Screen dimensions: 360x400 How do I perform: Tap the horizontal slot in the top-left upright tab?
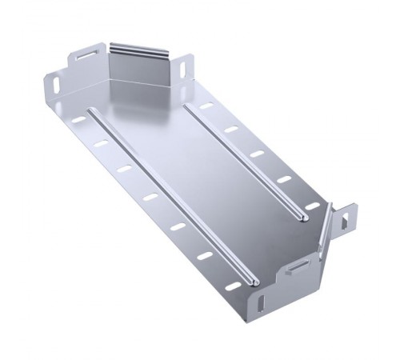[x=85, y=58]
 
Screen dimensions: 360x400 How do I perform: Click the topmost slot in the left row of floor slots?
[x=78, y=120]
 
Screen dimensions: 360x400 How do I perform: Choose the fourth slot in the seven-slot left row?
[x=150, y=197]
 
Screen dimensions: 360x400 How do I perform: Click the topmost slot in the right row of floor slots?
[x=206, y=106]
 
